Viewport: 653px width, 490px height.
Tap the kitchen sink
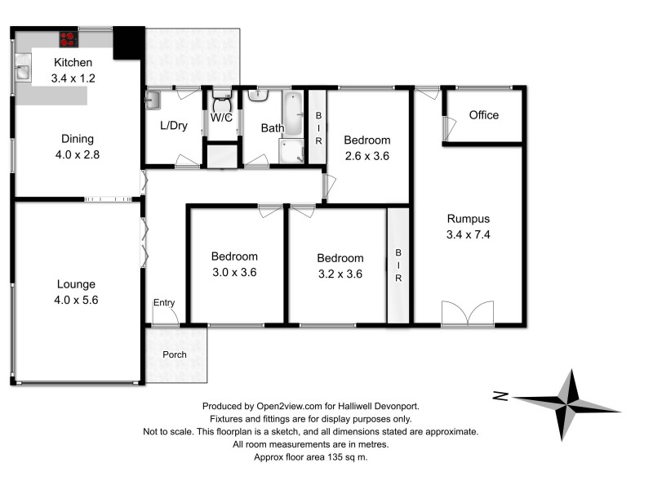[22, 71]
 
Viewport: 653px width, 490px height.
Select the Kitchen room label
[73, 63]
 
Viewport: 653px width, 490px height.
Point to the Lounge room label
[76, 284]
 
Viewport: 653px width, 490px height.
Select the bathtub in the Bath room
[292, 114]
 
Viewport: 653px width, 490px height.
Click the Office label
[483, 115]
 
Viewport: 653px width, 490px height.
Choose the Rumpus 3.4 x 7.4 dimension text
[468, 234]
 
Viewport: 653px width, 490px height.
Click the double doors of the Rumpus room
[467, 313]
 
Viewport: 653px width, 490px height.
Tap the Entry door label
[164, 303]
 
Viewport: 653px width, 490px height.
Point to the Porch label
[175, 354]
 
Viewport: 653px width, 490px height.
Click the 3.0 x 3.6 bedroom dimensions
[235, 273]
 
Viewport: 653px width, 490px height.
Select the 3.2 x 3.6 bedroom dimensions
[340, 274]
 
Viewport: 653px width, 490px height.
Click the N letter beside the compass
[500, 397]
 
